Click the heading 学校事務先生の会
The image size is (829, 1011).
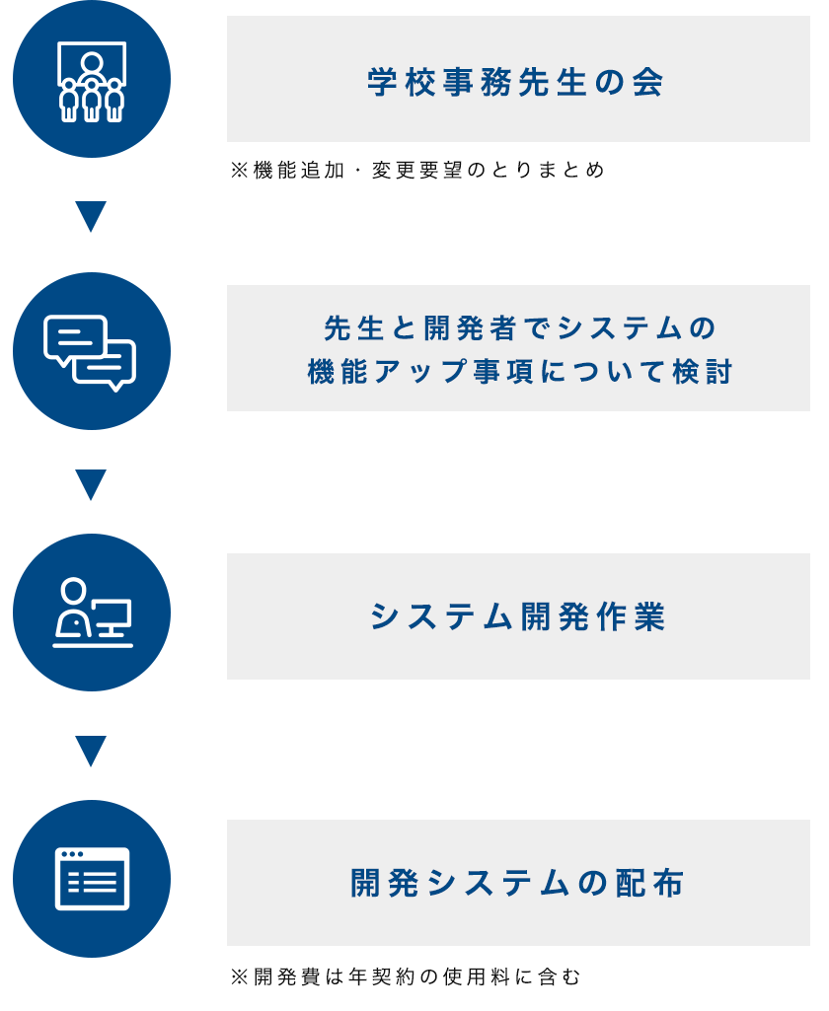[515, 83]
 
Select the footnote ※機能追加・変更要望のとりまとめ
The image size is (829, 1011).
[417, 171]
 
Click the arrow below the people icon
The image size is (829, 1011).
[91, 217]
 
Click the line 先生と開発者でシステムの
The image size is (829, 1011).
[519, 327]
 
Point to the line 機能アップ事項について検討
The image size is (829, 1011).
[519, 372]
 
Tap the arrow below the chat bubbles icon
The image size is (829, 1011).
[91, 485]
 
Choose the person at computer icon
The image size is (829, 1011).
[92, 613]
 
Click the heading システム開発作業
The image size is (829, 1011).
[517, 616]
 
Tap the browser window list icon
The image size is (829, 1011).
[92, 879]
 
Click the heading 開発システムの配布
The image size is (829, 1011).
[517, 883]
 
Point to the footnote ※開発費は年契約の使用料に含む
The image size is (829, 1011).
[406, 976]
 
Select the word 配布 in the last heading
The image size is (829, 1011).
[649, 883]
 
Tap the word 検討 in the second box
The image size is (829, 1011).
[703, 372]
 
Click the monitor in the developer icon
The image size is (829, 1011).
[111, 616]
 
